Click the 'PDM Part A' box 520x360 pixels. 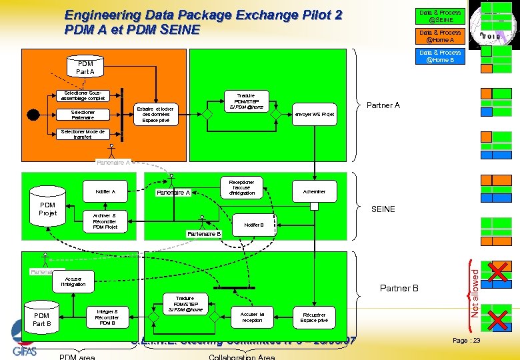(x=85, y=67)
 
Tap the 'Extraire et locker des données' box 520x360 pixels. (x=158, y=114)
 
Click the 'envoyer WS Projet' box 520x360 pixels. (x=315, y=114)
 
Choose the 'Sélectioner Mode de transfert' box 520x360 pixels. (x=83, y=135)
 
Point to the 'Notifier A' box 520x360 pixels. (x=105, y=191)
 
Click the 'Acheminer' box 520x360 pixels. (x=314, y=191)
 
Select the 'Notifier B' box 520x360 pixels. (x=254, y=225)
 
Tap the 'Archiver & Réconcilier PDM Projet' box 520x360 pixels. (x=105, y=221)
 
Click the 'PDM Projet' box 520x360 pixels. (x=48, y=210)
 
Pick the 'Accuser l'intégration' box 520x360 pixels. (x=73, y=281)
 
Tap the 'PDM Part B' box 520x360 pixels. (x=42, y=319)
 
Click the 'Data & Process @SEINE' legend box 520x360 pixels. (x=439, y=16)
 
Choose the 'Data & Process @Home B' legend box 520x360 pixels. (x=439, y=56)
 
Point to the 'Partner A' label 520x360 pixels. (x=383, y=105)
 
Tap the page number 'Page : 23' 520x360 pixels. (x=467, y=340)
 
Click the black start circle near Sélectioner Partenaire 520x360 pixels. (x=33, y=114)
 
